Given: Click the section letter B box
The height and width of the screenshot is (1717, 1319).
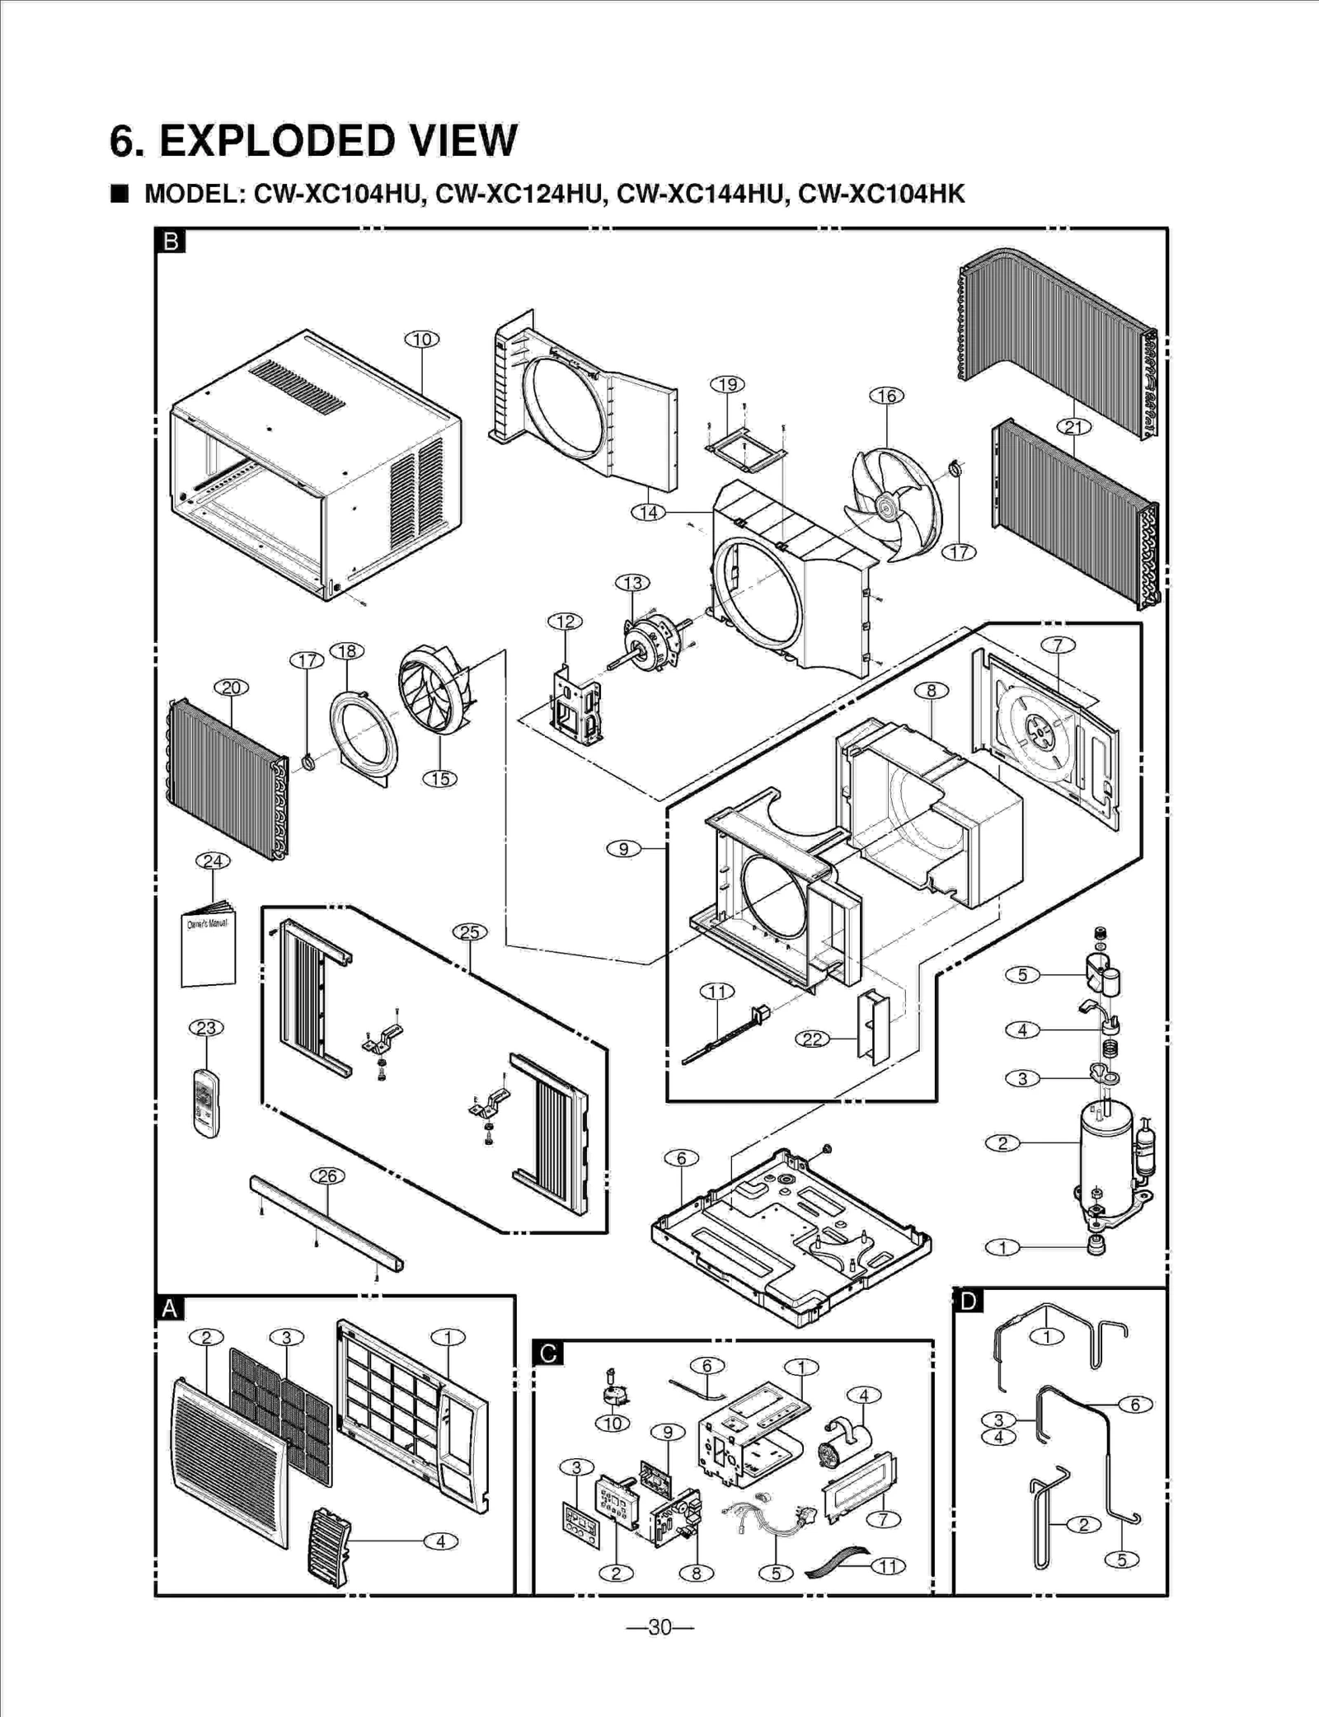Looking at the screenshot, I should [171, 242].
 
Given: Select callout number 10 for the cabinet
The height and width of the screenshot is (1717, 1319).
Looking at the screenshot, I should [422, 339].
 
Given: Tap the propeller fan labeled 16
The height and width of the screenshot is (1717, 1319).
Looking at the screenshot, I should [894, 504].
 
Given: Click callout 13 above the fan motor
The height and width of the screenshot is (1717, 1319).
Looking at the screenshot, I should [632, 583].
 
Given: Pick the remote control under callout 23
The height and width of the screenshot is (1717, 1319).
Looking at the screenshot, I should [207, 1103].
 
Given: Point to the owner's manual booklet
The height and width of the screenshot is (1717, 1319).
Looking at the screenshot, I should [209, 948].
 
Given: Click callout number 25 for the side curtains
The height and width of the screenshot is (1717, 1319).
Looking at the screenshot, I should [469, 932].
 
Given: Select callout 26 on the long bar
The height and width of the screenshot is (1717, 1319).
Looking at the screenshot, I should [327, 1176].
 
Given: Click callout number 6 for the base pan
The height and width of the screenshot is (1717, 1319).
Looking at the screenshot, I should [681, 1158].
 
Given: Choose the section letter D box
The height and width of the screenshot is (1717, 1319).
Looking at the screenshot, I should [968, 1302].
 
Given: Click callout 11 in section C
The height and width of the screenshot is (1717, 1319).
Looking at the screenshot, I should [888, 1566].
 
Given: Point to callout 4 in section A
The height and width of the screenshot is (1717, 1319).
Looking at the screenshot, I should [441, 1541].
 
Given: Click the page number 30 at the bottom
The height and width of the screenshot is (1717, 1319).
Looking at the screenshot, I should [659, 1627].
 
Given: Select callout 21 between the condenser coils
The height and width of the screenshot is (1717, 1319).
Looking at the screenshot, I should [1074, 426].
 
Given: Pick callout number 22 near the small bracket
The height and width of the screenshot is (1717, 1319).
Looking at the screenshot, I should [812, 1039].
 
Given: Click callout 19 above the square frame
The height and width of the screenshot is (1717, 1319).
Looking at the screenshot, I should [727, 384].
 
